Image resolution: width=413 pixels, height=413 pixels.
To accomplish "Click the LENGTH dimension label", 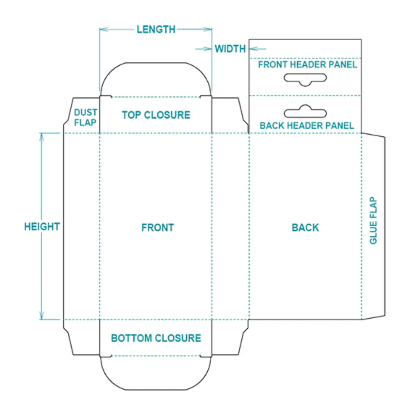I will point(156,29).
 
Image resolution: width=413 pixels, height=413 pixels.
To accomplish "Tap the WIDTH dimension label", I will point(230,49).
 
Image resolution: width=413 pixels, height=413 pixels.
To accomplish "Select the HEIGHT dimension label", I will point(42,227).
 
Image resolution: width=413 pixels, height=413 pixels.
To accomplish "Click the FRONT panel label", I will point(157,227).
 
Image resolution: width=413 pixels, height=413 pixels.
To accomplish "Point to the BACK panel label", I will point(305,227).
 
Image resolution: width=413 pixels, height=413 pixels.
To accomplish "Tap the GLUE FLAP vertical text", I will point(373,220).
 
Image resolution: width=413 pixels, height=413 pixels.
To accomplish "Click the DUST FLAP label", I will point(85,117).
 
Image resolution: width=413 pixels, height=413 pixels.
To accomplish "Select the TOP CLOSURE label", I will point(156,115).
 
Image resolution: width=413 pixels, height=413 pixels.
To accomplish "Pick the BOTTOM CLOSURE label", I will point(156,338).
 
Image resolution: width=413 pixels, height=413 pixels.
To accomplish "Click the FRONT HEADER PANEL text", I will point(308,65).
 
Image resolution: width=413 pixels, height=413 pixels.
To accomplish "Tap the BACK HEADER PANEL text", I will point(307,125).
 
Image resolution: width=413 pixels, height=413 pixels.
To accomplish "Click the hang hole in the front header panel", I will point(305,79).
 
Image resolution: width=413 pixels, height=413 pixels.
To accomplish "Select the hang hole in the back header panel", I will point(305,112).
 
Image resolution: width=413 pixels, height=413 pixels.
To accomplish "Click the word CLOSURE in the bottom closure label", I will point(178,338).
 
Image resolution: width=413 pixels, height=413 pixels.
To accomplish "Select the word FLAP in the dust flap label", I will point(85,122).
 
